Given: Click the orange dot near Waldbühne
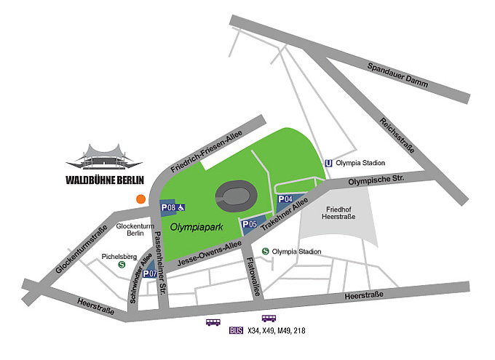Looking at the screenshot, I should (140, 198).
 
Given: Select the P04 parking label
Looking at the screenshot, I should (286, 199).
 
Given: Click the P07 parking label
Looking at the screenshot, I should (149, 273).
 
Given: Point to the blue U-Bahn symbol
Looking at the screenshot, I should (329, 163).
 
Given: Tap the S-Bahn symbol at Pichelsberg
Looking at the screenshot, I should (121, 265).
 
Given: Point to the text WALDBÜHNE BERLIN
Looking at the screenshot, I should (104, 180).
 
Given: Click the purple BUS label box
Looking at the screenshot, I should (235, 331).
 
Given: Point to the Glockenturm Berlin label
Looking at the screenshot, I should (132, 229).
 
